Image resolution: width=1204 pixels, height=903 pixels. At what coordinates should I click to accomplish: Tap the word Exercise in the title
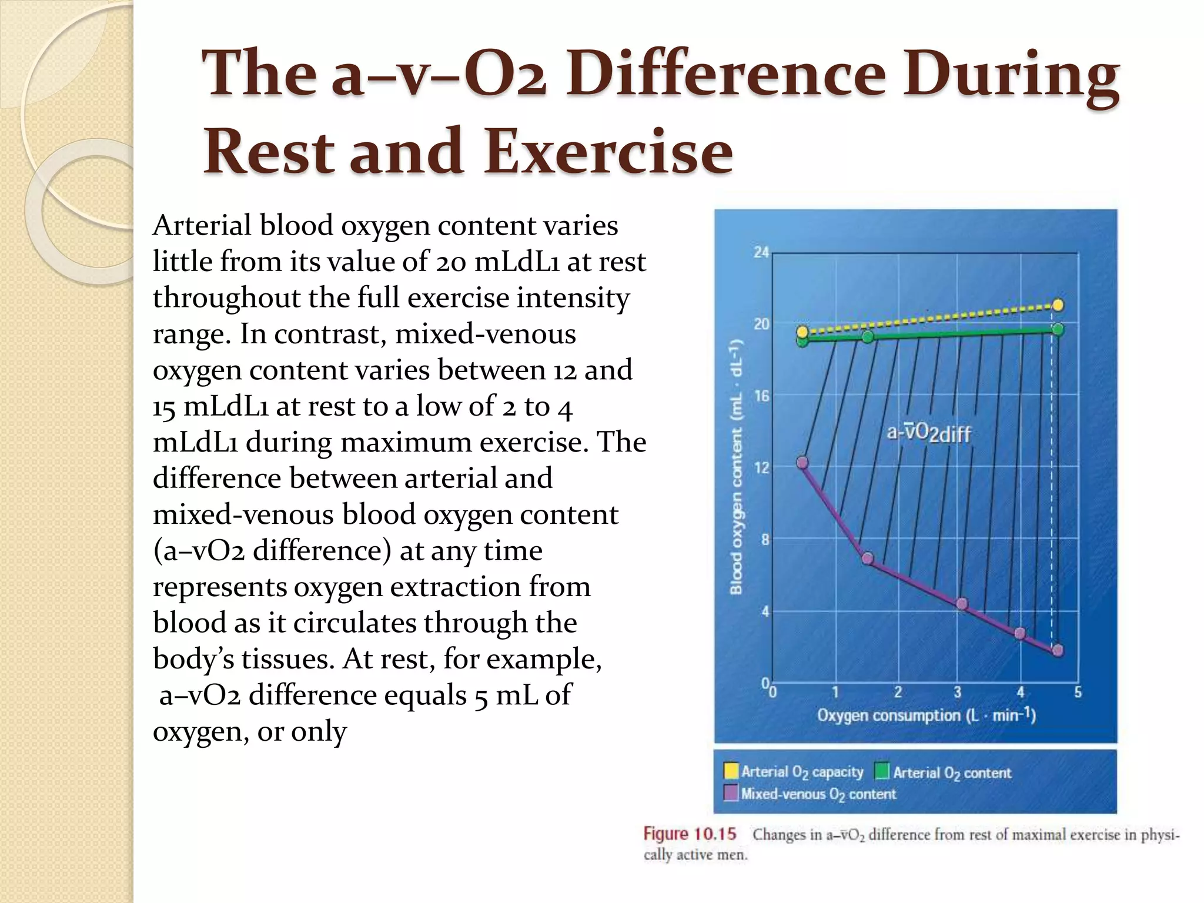(x=608, y=152)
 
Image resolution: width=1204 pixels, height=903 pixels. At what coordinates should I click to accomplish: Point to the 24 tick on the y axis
(x=761, y=253)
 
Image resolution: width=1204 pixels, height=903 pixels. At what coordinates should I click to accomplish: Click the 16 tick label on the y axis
(x=761, y=397)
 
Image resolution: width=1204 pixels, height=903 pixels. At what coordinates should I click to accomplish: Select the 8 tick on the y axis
(x=764, y=540)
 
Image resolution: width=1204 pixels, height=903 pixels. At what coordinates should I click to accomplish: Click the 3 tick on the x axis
(x=957, y=693)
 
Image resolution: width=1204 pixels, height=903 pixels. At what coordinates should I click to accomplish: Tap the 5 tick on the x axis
(x=1078, y=693)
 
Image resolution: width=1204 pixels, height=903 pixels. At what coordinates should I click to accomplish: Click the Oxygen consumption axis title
(x=926, y=716)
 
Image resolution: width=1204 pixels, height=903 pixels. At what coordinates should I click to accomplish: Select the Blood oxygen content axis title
(x=736, y=467)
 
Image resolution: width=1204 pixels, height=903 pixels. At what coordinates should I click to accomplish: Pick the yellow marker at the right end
(x=1058, y=305)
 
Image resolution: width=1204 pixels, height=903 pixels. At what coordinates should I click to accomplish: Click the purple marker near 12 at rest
(x=802, y=463)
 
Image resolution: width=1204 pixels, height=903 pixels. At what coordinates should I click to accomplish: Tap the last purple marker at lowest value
(x=1058, y=650)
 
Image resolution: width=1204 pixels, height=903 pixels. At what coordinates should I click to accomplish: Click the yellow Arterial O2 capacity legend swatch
(x=731, y=771)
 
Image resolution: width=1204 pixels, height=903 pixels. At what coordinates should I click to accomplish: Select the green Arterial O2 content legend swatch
(x=882, y=771)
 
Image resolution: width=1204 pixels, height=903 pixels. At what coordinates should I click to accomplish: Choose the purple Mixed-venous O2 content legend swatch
(x=731, y=793)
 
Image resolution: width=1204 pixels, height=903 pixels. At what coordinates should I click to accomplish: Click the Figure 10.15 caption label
(x=689, y=834)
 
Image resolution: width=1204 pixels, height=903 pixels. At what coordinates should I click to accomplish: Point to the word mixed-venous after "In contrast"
(x=485, y=334)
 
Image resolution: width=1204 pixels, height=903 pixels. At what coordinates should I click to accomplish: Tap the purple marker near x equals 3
(x=962, y=604)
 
